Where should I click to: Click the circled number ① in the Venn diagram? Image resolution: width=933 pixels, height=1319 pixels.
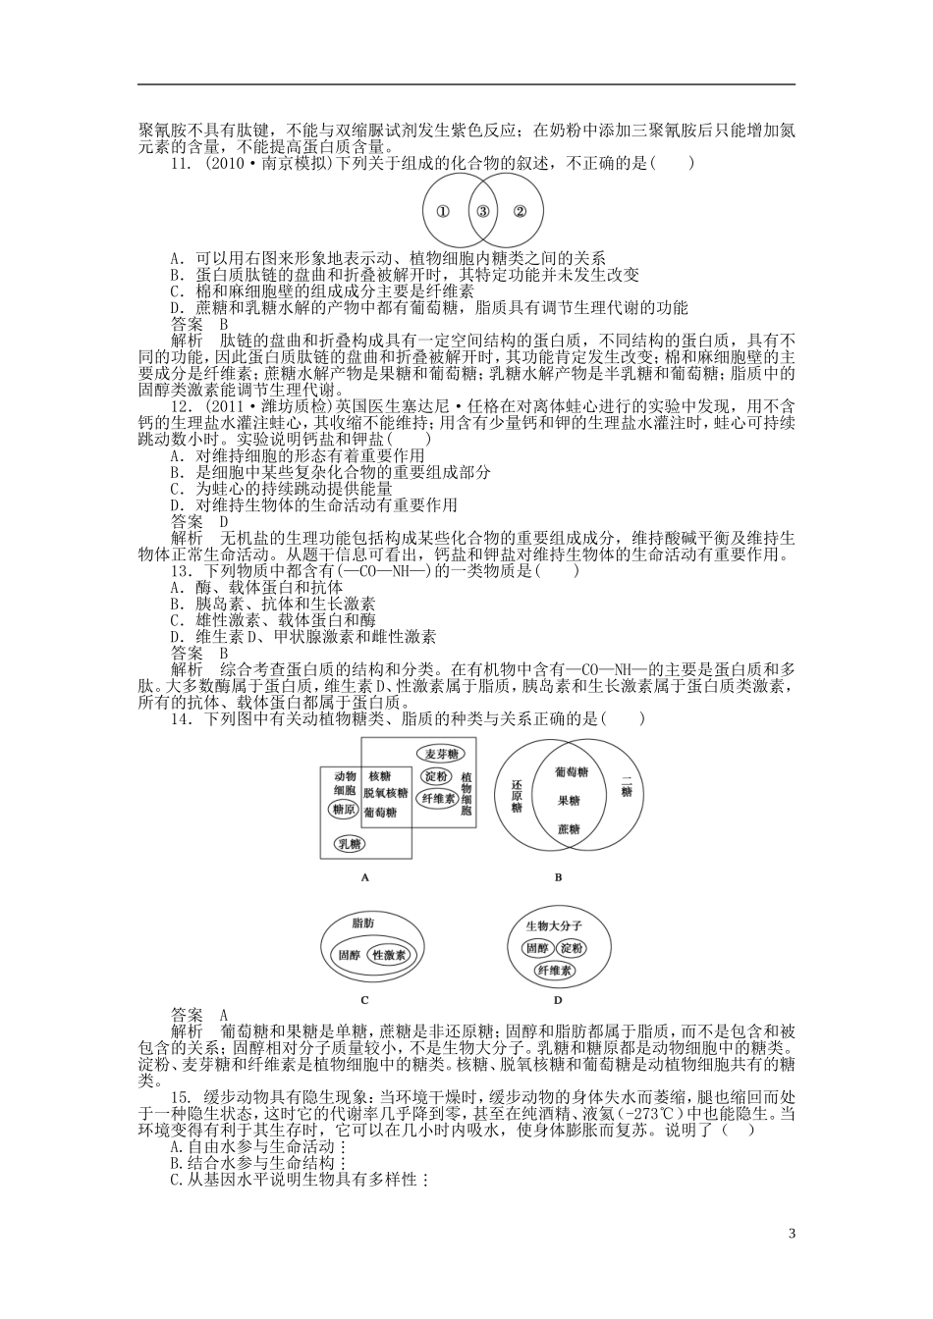pyautogui.click(x=443, y=211)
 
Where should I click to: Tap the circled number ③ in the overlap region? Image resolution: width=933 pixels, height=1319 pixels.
pyautogui.click(x=482, y=211)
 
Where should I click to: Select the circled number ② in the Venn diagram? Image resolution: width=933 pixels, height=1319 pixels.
pyautogui.click(x=521, y=211)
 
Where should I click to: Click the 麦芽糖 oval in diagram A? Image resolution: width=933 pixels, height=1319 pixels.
pyautogui.click(x=441, y=754)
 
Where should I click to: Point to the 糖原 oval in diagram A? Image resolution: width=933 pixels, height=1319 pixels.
pyautogui.click(x=344, y=811)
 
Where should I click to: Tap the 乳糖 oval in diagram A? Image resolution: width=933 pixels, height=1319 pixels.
pyautogui.click(x=349, y=843)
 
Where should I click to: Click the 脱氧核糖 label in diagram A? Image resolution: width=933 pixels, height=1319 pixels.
pyautogui.click(x=385, y=793)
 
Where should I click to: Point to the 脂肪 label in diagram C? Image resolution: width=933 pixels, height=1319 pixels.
pyautogui.click(x=362, y=923)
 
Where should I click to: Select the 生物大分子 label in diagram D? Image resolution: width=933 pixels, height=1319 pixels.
pyautogui.click(x=554, y=925)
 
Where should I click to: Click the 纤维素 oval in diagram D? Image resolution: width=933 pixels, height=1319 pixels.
pyautogui.click(x=556, y=970)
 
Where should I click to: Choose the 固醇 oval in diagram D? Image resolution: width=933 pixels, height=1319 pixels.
pyautogui.click(x=536, y=948)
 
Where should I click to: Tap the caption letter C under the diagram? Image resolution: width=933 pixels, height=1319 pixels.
pyautogui.click(x=364, y=1000)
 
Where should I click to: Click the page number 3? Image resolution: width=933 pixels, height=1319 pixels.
pyautogui.click(x=792, y=1234)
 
